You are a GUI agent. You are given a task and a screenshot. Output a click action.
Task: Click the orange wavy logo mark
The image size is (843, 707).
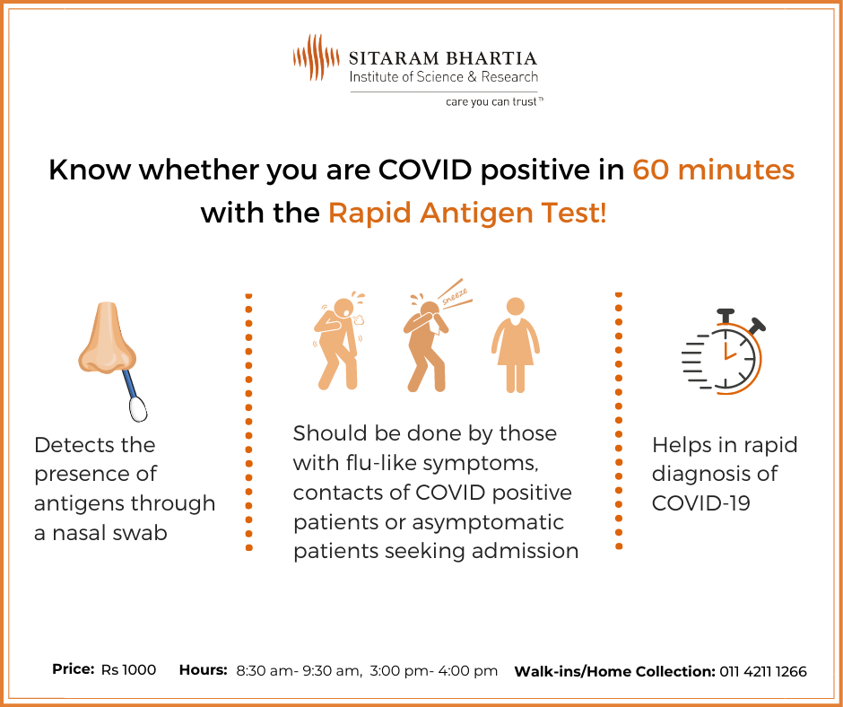coord(316,57)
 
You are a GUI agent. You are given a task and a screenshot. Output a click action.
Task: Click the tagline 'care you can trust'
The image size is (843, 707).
coord(493,101)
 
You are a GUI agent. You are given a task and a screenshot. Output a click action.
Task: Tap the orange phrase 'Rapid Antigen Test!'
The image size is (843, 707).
coord(468,213)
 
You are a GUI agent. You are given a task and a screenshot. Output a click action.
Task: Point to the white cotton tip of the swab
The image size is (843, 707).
coord(138,409)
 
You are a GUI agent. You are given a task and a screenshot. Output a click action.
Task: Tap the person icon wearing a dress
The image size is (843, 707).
coord(515,345)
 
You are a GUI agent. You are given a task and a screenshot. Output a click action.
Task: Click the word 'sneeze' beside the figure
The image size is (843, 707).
coord(455,297)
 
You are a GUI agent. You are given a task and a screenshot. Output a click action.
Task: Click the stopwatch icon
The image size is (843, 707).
coord(723,352)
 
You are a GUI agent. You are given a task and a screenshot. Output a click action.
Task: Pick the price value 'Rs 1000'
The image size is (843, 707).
coord(128,670)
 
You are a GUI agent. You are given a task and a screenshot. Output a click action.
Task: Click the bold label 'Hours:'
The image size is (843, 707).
coord(204,670)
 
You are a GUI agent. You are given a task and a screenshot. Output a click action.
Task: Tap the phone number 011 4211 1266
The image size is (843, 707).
coord(763,671)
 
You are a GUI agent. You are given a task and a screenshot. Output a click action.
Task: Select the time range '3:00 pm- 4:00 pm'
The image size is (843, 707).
coord(434,671)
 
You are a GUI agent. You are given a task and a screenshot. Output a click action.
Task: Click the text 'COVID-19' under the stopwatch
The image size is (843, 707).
coord(700,503)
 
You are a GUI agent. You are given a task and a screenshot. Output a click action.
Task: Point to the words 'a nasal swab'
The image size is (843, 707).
coord(100,533)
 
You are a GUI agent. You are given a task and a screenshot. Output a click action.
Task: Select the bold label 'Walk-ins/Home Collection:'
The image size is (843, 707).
coord(614,671)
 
